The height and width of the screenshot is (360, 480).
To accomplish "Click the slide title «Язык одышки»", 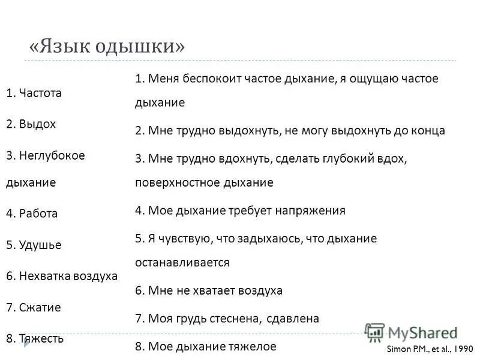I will tap(107, 46).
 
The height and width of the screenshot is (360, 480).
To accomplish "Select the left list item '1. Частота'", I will tap(34, 93).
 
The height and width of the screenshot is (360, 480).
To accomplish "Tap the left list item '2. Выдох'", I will tap(31, 124).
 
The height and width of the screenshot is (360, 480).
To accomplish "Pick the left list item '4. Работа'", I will tap(32, 214).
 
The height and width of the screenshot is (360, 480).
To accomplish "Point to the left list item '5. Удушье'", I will tap(34, 245).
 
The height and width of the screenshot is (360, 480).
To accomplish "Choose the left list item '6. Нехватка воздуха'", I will tap(62, 276).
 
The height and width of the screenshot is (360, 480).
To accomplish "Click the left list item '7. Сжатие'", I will tap(34, 307).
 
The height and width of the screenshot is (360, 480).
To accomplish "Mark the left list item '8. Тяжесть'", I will tap(35, 338).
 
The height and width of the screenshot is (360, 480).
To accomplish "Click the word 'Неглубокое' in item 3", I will tap(52, 155).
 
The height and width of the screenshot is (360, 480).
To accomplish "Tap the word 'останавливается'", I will tap(182, 262).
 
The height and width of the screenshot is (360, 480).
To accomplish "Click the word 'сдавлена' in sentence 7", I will tap(292, 319).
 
